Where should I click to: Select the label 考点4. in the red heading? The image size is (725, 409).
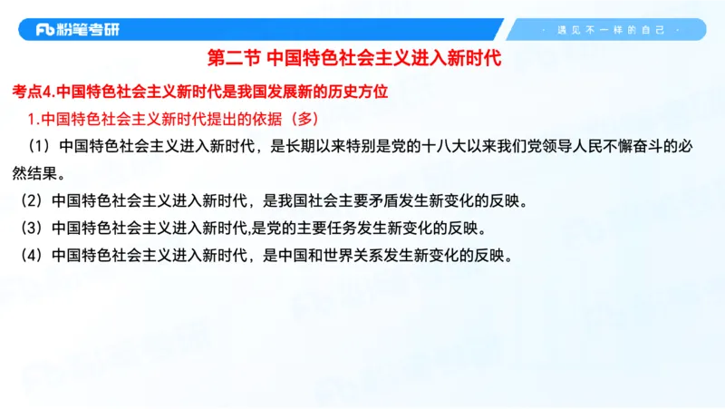[x=35, y=92]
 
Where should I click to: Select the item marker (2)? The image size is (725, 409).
[x=32, y=200]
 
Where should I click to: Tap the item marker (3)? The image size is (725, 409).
[x=32, y=228]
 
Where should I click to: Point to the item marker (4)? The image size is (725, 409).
[x=32, y=255]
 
